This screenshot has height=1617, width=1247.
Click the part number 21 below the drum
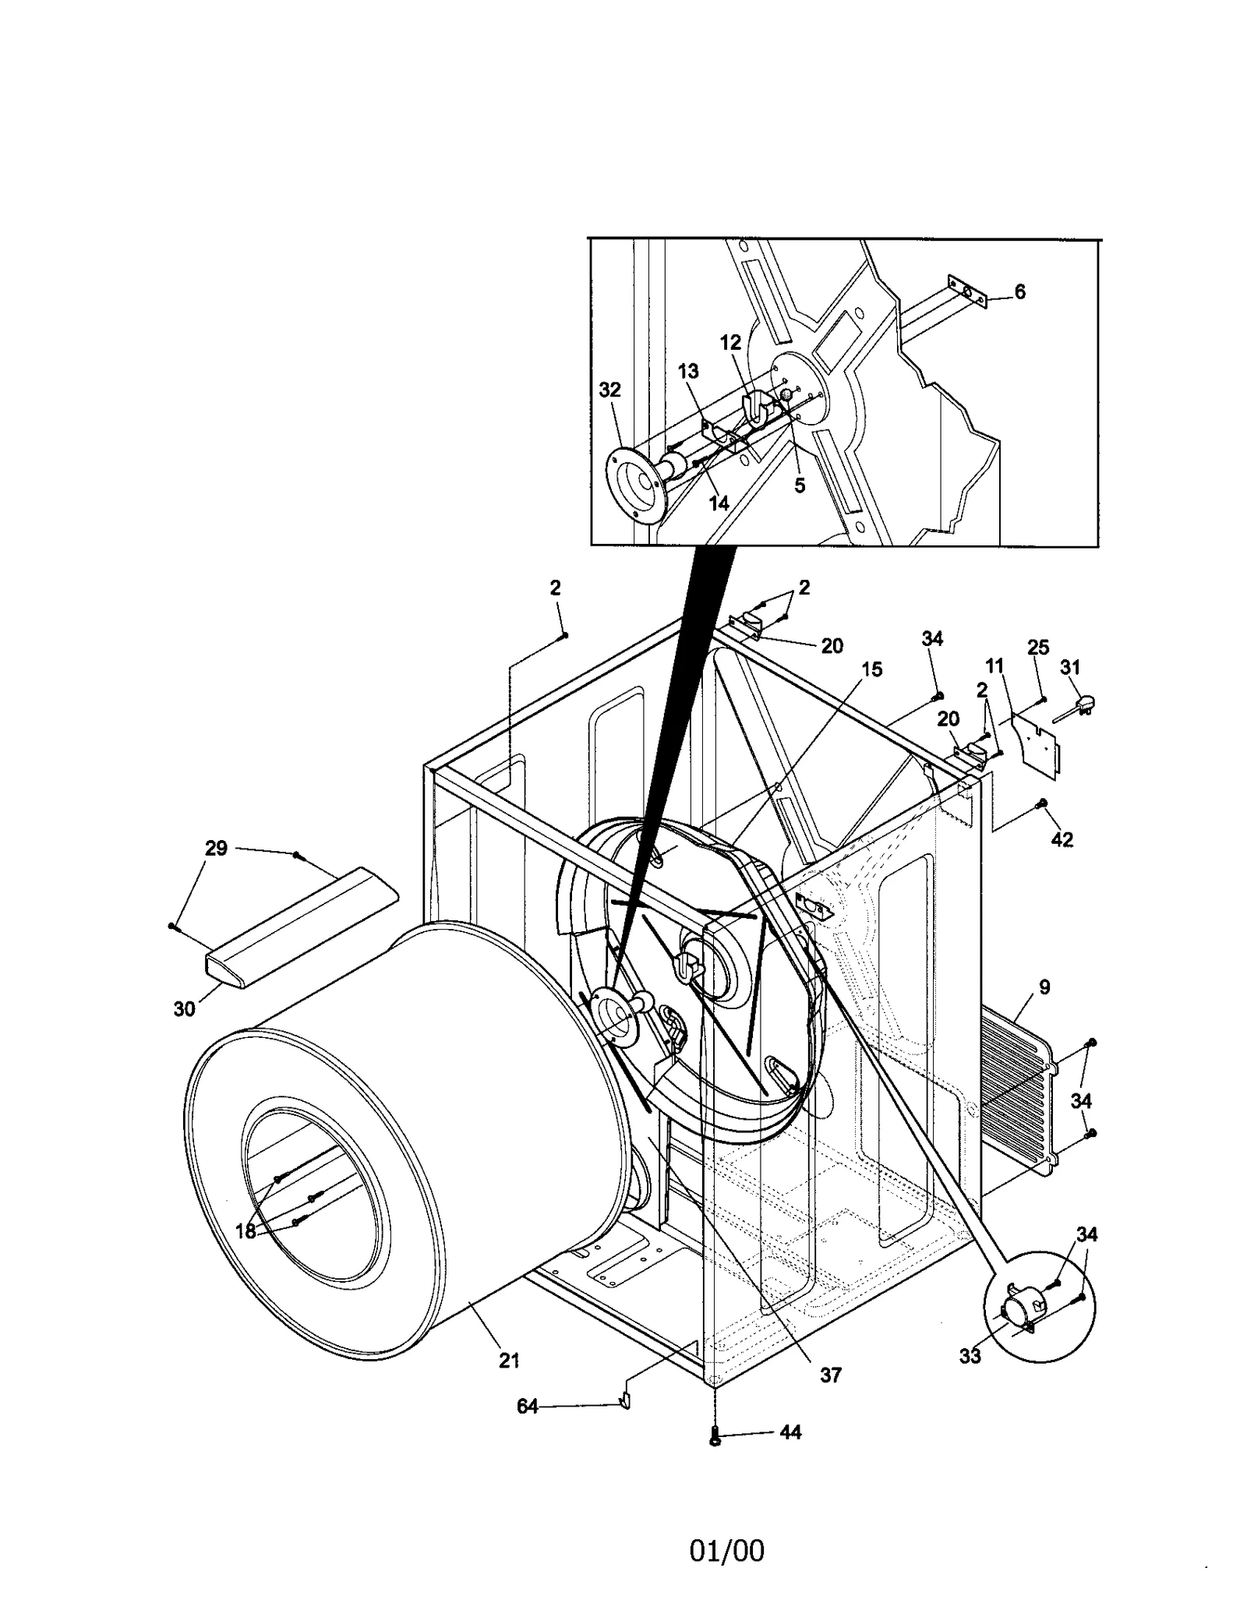coord(508,1361)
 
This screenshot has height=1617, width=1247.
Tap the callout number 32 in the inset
coord(609,390)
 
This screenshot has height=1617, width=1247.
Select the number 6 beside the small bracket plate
coord(1019,291)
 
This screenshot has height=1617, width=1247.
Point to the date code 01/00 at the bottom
coord(726,1551)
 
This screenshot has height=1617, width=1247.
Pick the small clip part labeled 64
coord(624,1402)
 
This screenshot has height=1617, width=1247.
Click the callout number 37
coord(831,1375)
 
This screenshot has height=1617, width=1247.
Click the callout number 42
coord(1062,839)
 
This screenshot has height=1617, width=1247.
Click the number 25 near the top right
coord(1038,648)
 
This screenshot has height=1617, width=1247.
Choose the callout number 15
coord(871,669)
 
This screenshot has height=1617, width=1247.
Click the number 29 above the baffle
coord(216,848)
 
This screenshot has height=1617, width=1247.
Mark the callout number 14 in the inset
coord(718,503)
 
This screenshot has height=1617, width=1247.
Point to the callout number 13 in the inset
coord(688,371)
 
